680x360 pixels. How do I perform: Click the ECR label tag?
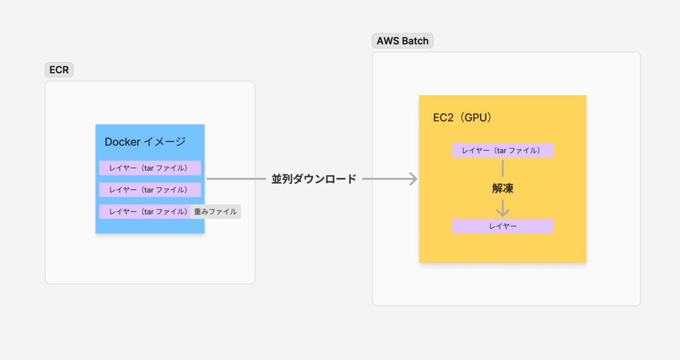59,70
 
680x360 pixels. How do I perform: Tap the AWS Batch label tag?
402,41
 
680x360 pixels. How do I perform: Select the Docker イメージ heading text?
145,142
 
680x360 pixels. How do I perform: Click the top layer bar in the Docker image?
150,168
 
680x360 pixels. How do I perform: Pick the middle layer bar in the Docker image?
150,190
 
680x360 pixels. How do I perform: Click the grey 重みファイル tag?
215,211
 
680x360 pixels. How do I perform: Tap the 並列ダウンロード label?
314,179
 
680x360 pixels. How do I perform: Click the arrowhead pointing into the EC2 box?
414,179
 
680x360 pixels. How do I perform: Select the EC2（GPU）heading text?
462,117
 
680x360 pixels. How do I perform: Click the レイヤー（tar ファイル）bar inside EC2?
503,151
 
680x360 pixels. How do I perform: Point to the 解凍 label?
503,188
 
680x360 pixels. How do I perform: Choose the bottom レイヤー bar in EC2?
503,226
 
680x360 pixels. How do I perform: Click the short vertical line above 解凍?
503,168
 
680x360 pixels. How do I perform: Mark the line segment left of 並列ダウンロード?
236,179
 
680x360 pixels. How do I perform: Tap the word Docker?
122,142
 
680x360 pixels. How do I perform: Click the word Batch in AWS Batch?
415,41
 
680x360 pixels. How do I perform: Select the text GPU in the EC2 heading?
475,117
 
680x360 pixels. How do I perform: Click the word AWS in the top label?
388,41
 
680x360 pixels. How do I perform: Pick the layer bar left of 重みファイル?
145,211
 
